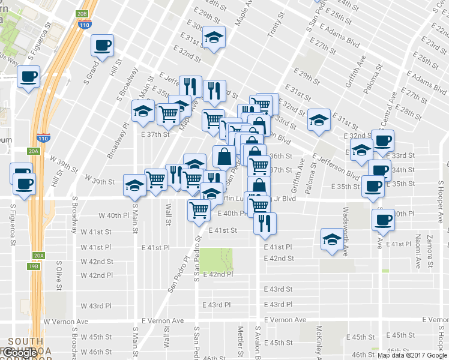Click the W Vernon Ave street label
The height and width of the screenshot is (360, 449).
click(65, 321)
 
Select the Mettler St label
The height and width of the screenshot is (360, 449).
click(240, 339)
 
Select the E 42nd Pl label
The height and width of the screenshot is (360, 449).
click(218, 274)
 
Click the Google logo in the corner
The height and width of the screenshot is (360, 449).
click(22, 353)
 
